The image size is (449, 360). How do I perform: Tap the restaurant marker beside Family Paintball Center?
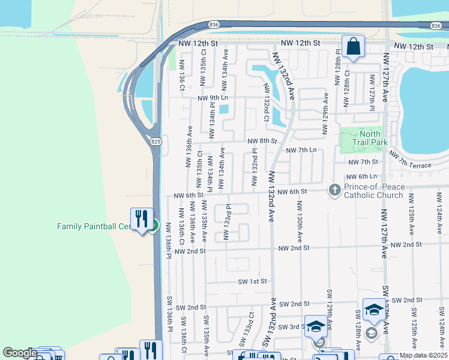[141, 219]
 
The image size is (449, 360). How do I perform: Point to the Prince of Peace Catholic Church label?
[373, 190]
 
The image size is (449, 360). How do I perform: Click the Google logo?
[20, 353]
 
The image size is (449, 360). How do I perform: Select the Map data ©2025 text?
[423, 355]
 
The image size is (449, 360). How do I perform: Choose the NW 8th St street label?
[262, 142]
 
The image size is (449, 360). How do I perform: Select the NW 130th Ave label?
[298, 220]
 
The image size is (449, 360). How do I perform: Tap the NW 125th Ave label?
[411, 214]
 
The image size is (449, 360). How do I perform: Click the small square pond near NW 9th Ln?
[224, 109]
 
